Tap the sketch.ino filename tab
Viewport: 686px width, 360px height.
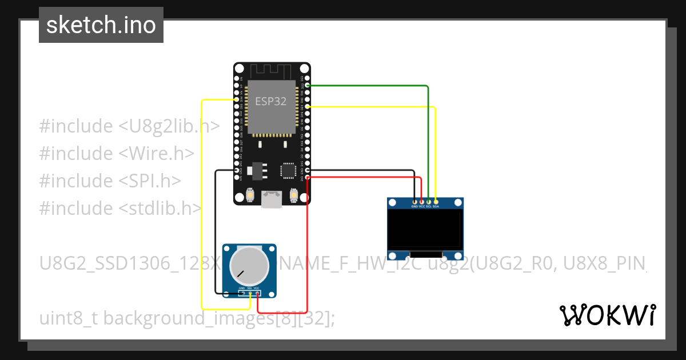(101, 25)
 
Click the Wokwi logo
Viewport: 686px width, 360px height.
(607, 315)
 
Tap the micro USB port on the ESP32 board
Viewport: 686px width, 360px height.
(272, 198)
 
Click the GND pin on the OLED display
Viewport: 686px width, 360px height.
(414, 202)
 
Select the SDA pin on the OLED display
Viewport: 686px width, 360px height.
(436, 202)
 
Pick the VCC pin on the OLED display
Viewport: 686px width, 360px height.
(421, 202)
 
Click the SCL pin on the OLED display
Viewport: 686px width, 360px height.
(429, 202)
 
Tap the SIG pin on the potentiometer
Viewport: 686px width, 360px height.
(250, 294)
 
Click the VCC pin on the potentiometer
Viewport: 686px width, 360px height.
(258, 294)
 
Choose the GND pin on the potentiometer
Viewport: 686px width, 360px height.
(242, 294)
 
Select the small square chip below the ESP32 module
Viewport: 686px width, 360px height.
(288, 170)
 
